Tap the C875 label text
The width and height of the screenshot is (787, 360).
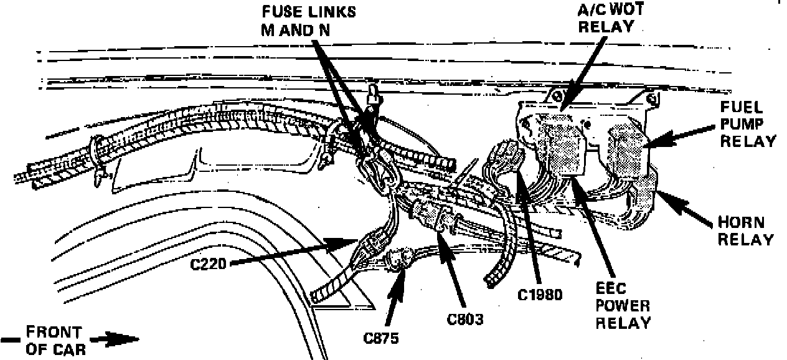point(380,339)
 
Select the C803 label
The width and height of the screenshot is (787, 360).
point(465,319)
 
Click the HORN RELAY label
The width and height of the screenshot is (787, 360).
point(745,230)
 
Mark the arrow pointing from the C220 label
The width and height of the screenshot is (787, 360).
point(293,250)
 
